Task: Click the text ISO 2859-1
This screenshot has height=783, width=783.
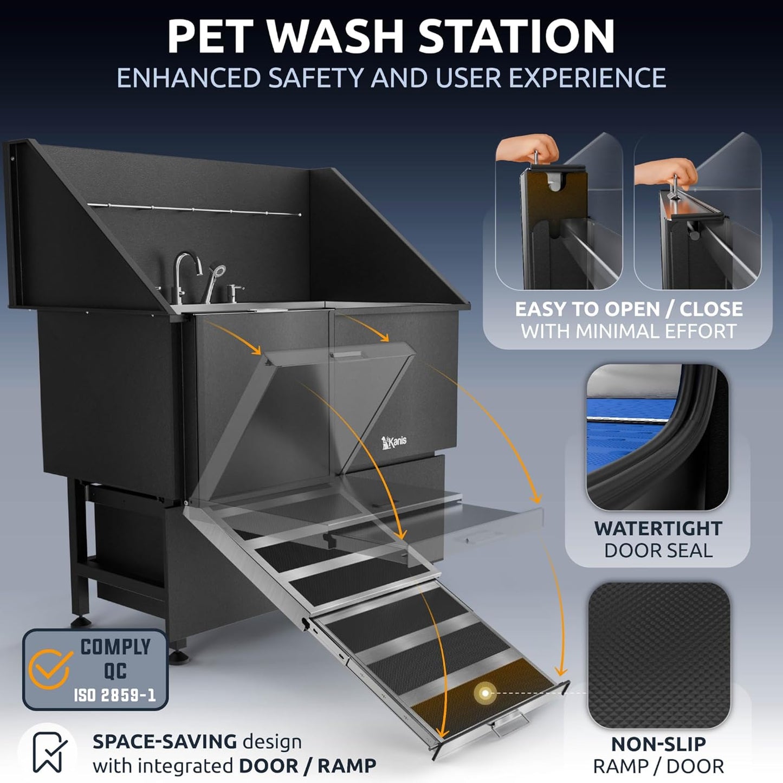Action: point(114,695)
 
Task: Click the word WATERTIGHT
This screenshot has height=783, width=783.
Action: point(658,528)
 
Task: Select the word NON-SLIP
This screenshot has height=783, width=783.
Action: point(658,744)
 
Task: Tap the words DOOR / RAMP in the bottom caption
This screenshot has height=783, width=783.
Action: point(307,766)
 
